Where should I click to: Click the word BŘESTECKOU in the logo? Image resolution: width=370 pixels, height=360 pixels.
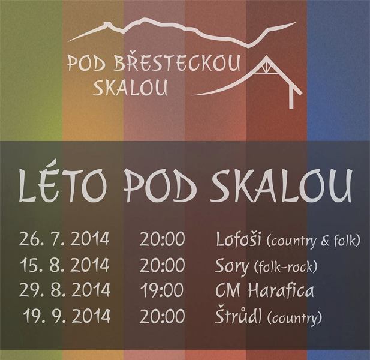(x=177, y=63)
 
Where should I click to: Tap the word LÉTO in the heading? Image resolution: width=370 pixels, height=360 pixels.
(x=62, y=184)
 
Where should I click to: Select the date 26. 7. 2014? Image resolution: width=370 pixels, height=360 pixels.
(x=64, y=239)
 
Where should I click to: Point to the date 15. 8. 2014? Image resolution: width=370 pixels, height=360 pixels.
(x=64, y=265)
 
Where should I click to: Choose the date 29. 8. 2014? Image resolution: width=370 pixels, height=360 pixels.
(x=65, y=290)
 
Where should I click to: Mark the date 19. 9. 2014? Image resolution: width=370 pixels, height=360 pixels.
(x=67, y=316)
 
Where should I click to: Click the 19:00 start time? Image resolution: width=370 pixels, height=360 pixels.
(x=162, y=290)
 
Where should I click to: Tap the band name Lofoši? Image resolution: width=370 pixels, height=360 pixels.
(x=238, y=239)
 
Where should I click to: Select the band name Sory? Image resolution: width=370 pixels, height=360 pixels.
(x=232, y=266)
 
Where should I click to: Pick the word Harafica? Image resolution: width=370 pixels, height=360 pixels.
(x=281, y=290)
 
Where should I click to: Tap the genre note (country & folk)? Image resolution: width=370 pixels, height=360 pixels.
(x=313, y=241)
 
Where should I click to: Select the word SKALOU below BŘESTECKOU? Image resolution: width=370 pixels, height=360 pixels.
(x=130, y=88)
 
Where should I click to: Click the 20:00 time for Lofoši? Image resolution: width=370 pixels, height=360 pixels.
(x=162, y=239)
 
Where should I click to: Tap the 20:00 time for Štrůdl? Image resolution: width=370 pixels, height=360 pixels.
(x=162, y=316)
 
